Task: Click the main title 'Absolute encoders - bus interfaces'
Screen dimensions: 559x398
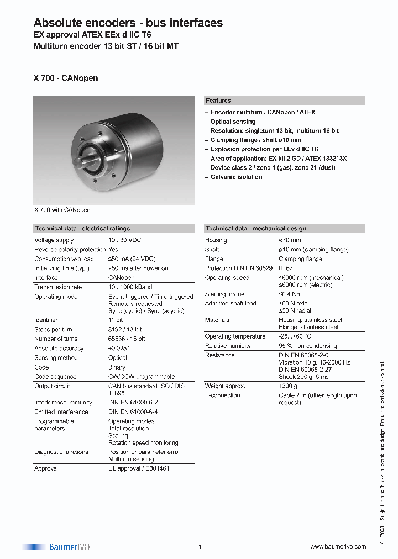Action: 128,23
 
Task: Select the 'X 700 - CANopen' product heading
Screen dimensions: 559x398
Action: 66,78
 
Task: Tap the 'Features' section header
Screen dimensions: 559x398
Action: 218,101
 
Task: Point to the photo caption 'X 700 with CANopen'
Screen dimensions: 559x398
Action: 62,210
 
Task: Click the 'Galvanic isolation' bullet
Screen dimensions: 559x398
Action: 236,177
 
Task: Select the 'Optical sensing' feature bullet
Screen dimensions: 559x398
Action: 233,122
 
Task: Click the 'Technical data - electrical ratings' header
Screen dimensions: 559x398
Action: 82,228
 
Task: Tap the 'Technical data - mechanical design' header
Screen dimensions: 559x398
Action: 255,228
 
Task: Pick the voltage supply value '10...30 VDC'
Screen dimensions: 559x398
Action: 125,240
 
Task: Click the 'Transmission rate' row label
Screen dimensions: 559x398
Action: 58,287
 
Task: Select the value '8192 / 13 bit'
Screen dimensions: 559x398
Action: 125,329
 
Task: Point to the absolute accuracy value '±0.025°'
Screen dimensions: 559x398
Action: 119,349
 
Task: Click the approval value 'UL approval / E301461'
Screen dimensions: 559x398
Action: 139,468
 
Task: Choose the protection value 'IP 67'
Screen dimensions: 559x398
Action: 286,268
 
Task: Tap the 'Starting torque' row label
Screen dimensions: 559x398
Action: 224,294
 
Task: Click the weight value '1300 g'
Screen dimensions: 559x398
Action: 288,386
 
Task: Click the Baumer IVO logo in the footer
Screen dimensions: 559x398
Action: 56,547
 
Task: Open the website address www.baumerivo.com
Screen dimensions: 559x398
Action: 338,547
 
